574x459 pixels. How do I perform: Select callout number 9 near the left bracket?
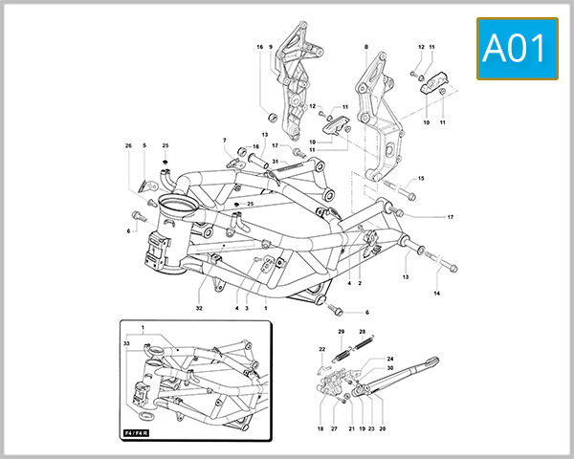[x=271, y=47]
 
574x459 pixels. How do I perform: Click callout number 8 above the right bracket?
[x=365, y=47]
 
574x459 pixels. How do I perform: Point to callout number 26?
[x=144, y=146]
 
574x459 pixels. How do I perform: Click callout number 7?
[x=225, y=142]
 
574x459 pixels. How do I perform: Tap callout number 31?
[x=275, y=162]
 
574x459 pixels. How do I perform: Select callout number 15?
[x=421, y=179]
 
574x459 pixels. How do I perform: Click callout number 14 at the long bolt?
[x=437, y=293]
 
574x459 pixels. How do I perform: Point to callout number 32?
[x=200, y=308]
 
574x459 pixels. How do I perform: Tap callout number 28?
[x=363, y=331]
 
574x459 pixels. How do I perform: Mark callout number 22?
[x=321, y=349]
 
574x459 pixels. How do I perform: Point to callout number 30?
[x=390, y=367]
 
